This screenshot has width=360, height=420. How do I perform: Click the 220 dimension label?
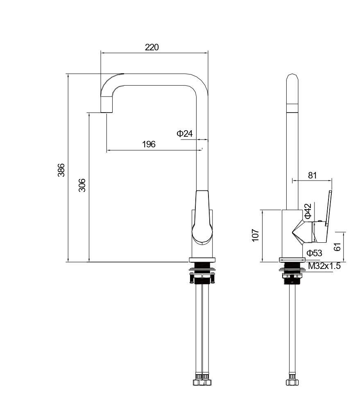(x=152, y=47)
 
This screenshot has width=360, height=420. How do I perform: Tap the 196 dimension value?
(x=149, y=145)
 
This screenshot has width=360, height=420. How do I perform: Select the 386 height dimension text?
(x=61, y=170)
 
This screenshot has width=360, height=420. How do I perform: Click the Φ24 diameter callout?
(x=185, y=133)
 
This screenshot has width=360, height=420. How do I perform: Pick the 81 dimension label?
(x=312, y=176)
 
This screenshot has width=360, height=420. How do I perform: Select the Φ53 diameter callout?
(x=314, y=253)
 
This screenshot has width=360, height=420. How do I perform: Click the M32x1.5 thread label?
(x=324, y=266)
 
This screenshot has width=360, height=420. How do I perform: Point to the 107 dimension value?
(x=256, y=235)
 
